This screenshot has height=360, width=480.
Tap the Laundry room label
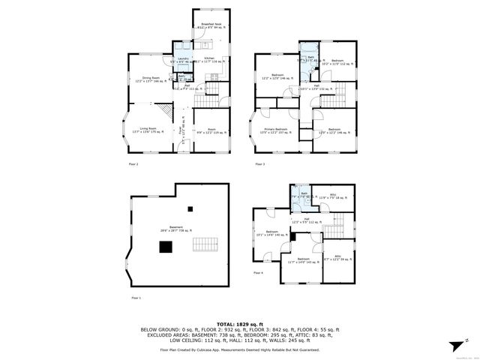[181, 60]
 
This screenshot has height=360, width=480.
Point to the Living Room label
[138, 130]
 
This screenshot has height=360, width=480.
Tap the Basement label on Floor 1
[175, 230]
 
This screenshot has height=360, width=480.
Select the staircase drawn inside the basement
[205, 245]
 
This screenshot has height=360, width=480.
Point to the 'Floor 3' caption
[259, 163]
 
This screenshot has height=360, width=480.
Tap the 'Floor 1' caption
[136, 298]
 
